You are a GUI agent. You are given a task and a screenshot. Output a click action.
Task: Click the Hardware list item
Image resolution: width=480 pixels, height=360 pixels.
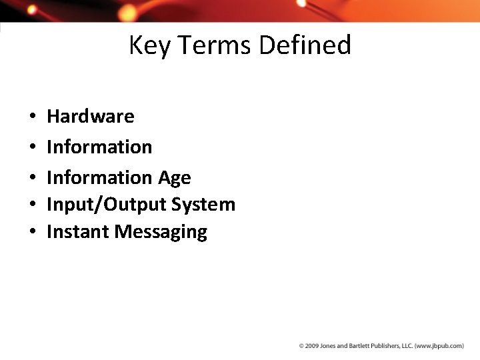(90, 116)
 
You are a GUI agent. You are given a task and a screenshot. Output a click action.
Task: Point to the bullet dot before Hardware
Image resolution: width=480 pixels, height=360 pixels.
(32, 117)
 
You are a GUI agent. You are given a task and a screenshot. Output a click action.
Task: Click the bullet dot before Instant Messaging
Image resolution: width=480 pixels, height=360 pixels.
(32, 233)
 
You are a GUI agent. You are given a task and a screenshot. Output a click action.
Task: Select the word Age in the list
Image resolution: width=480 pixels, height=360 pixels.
(174, 178)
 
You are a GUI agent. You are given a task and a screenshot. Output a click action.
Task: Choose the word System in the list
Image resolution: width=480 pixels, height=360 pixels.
(203, 205)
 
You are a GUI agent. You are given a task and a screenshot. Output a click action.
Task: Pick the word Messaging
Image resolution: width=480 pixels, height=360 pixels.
(161, 233)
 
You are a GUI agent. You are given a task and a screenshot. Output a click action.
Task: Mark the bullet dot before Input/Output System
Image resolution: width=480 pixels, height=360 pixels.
(32, 205)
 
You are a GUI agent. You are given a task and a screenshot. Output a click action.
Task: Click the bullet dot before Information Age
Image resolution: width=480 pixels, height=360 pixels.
(32, 178)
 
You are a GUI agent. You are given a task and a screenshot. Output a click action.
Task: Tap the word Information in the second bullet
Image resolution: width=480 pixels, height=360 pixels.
(99, 147)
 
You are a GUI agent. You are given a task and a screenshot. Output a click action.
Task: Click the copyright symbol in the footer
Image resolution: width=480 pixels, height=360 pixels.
(301, 346)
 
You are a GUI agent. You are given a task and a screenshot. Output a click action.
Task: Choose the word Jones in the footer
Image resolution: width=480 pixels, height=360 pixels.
(328, 346)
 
